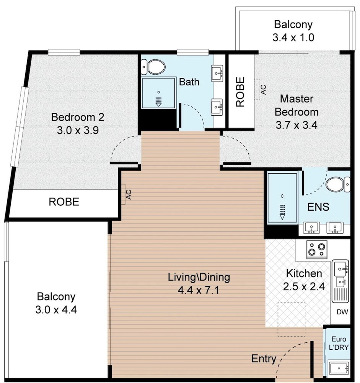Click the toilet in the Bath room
[x=153, y=67]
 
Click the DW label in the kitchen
[x=342, y=312]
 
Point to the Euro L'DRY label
[x=339, y=343]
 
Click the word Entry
[x=264, y=358]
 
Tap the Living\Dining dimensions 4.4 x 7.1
[x=199, y=290]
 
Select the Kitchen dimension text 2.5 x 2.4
[x=304, y=286]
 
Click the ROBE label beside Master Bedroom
[x=240, y=92]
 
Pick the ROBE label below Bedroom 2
[x=64, y=202]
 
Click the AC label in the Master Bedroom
[x=263, y=89]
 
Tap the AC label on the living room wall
[x=129, y=195]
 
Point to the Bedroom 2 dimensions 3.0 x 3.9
[x=78, y=130]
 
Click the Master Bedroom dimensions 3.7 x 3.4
[x=296, y=125]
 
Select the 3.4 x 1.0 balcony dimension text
[x=293, y=38]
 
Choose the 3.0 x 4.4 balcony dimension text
[x=56, y=310]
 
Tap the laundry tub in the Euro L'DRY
[x=339, y=368]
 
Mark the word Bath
[x=189, y=82]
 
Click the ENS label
[x=318, y=207]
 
